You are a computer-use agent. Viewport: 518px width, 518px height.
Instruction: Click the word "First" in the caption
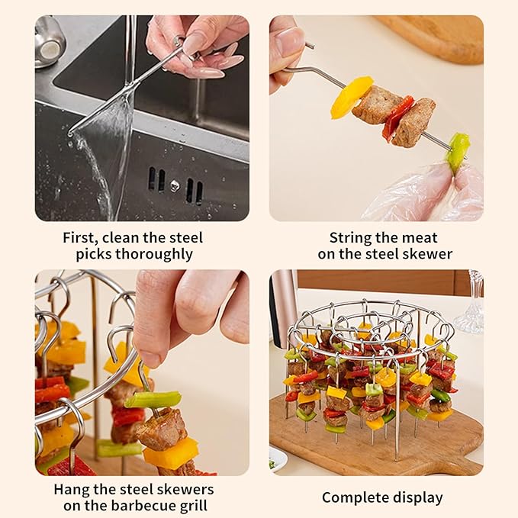(x=80, y=237)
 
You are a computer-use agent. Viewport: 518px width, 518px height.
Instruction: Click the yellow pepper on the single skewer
(x=350, y=97)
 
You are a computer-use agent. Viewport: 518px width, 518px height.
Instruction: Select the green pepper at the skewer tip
(x=458, y=150)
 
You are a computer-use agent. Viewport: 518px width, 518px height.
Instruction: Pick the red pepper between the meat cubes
(x=397, y=117)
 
